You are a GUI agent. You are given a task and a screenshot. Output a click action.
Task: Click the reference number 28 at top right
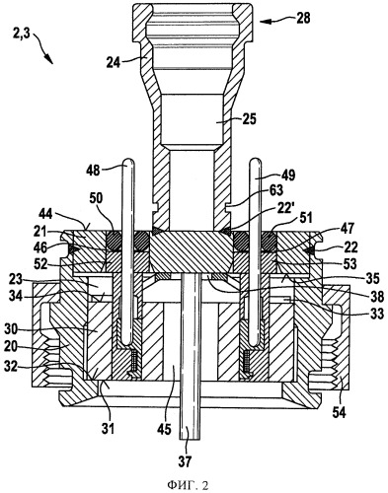pyautogui.click(x=302, y=18)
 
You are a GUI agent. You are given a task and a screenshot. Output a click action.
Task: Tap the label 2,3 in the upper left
pyautogui.click(x=22, y=34)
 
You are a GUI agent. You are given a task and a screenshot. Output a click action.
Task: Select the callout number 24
pyautogui.click(x=114, y=62)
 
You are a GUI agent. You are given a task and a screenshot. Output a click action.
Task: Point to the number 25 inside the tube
pyautogui.click(x=249, y=119)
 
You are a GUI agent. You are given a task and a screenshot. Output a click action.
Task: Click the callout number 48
pyautogui.click(x=94, y=171)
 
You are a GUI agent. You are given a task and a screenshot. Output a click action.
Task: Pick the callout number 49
pyautogui.click(x=288, y=175)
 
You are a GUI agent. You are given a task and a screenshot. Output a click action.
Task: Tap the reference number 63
pyautogui.click(x=275, y=189)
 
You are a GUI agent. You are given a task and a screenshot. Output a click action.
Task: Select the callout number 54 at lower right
pyautogui.click(x=339, y=413)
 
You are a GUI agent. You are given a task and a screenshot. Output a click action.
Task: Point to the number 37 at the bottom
pyautogui.click(x=185, y=461)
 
